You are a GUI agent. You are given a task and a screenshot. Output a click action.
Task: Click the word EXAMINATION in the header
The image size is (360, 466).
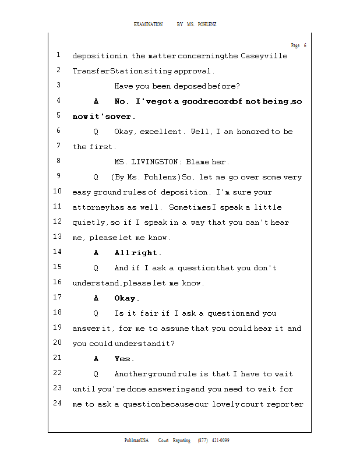point(148,24)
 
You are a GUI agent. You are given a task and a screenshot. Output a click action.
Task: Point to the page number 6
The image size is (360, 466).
point(305,45)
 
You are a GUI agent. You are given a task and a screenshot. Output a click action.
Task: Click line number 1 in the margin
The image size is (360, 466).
point(59,55)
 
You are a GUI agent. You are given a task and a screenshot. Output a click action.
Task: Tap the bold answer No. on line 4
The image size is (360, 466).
point(122,101)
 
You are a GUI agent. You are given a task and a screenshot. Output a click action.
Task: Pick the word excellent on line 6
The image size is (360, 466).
point(163,132)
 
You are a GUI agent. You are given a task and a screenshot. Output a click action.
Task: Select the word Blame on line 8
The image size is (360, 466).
point(197,162)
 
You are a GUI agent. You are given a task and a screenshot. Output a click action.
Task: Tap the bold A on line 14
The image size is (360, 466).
point(96,253)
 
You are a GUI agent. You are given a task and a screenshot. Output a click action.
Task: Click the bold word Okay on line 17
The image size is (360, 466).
point(125,298)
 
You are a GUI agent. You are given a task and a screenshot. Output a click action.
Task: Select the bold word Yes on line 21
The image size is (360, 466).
point(123,359)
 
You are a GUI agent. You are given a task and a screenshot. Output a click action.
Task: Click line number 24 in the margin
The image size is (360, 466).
point(58,404)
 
